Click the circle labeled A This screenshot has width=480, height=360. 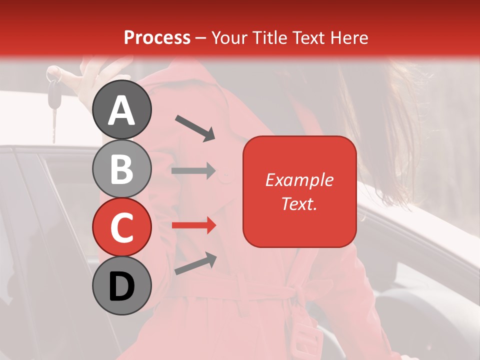point(122,109)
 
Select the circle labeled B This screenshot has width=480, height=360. point(122,168)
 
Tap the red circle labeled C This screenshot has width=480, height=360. point(122,227)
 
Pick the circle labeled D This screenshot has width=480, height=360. point(122,285)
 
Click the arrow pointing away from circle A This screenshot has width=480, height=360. point(195,127)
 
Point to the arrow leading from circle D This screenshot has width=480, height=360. point(195,264)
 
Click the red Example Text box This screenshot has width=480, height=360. point(299,191)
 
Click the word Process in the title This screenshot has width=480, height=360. point(157,37)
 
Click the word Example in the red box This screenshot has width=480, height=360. point(299,180)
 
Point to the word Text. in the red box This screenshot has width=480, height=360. point(299,203)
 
